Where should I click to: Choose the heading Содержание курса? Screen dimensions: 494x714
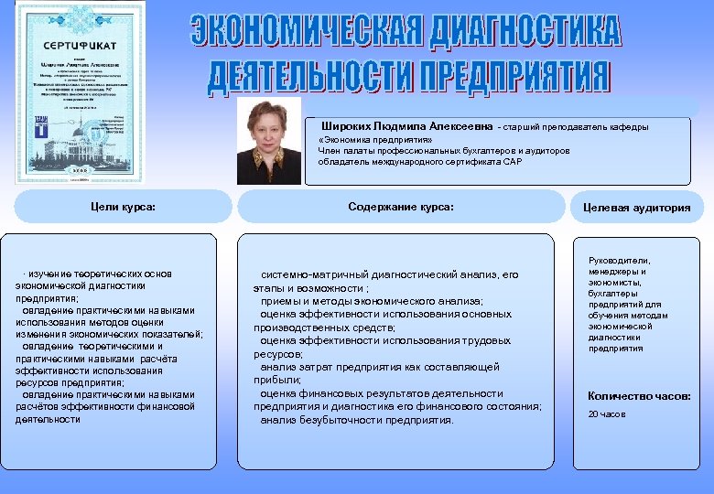(x=401, y=207)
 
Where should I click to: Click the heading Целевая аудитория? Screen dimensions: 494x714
(x=637, y=208)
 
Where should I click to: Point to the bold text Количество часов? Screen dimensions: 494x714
(x=639, y=396)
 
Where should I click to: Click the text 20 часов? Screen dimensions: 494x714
(x=607, y=414)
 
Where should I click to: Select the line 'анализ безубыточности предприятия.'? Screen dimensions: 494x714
(x=356, y=420)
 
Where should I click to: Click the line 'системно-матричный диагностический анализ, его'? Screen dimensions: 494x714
(x=389, y=274)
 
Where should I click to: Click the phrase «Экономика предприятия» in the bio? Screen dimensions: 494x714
(x=361, y=139)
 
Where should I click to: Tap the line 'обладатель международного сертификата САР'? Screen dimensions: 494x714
(x=420, y=162)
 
